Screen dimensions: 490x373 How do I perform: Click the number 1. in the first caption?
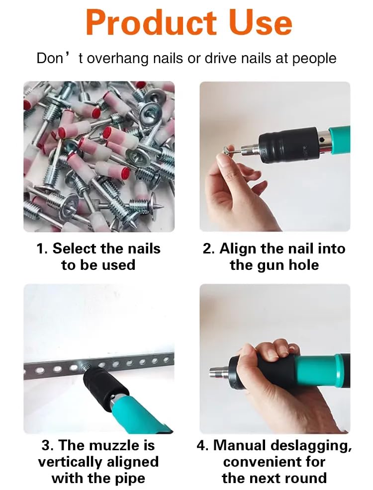pos(42,248)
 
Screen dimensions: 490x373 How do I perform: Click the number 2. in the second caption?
pos(209,248)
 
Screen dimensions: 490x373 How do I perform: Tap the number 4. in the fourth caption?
pos(202,445)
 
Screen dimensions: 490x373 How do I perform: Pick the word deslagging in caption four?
pos(306,445)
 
